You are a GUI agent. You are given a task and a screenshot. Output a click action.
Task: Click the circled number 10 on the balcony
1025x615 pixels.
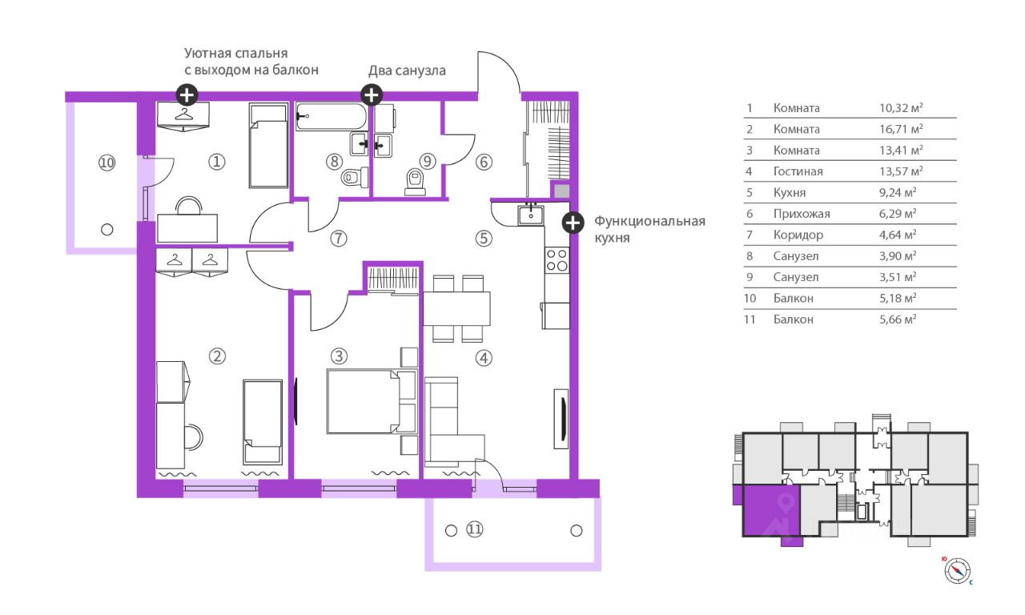point(107,162)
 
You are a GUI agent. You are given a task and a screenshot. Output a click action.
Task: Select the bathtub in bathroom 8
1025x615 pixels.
point(331,119)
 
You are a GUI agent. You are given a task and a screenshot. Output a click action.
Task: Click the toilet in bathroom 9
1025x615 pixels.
point(414,182)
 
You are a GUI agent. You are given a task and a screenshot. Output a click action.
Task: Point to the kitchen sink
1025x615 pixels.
point(530,214)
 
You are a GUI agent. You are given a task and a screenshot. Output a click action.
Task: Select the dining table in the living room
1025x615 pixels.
point(456,307)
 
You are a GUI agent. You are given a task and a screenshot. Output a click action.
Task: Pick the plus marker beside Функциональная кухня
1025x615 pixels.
point(572,223)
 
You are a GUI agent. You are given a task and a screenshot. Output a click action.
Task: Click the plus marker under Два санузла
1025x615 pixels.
point(372,95)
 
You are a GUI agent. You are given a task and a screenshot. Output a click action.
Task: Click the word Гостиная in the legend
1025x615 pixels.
point(798,171)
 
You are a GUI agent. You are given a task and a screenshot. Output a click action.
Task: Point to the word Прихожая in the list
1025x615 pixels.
point(802,214)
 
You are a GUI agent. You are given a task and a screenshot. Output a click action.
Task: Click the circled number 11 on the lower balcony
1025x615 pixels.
point(475,529)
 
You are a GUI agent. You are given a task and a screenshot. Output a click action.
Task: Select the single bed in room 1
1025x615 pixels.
point(267,145)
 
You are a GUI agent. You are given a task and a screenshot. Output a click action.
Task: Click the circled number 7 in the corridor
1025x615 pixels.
point(339,238)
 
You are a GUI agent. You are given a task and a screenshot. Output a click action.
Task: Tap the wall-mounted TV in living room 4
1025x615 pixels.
point(561,416)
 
